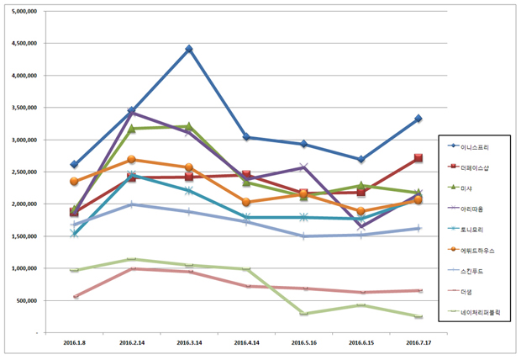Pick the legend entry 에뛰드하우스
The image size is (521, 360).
(476, 249)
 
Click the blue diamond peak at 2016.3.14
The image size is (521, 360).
(189, 49)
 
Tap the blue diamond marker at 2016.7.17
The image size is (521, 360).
(418, 119)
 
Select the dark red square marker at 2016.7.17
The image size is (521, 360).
(418, 158)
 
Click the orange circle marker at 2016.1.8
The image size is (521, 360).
(74, 181)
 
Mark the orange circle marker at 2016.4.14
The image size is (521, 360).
(246, 202)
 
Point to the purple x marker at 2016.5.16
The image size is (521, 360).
(303, 167)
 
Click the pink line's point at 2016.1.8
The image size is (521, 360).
(75, 296)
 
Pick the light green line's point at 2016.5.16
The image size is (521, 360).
(303, 314)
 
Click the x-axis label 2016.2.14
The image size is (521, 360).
(132, 343)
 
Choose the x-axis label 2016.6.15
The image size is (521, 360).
(360, 343)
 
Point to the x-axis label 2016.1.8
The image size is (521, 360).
(74, 343)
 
